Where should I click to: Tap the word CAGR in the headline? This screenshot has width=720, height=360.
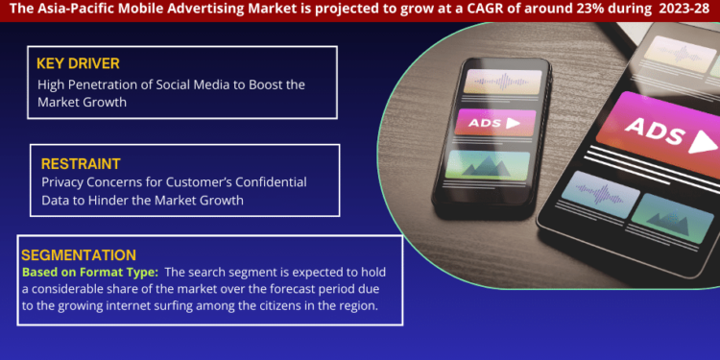466,10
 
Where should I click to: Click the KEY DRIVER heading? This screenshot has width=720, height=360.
80,63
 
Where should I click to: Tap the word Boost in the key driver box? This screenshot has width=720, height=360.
272,84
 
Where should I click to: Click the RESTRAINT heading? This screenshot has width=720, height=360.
81,164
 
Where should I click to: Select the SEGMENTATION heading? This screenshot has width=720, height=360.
79,254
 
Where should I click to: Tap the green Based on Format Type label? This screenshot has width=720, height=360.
88,272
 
